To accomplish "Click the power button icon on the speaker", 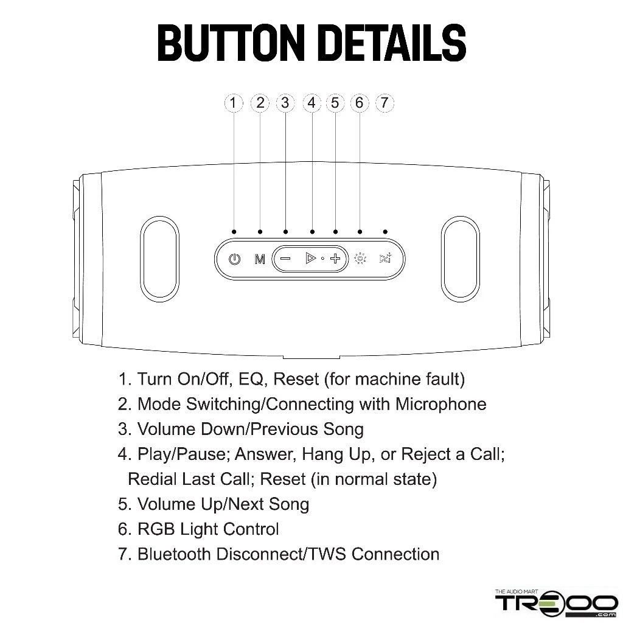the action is [234, 259].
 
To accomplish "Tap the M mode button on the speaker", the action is [259, 259].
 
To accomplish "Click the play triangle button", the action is [310, 258].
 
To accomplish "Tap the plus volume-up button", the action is [335, 259].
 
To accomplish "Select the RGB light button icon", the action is [360, 259].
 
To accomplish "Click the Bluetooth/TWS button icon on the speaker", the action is [385, 259].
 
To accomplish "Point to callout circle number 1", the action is [234, 103].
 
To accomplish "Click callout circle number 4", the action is [312, 103].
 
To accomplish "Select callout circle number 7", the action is [385, 103].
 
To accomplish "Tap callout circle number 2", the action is [260, 103].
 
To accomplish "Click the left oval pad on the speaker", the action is [160, 259].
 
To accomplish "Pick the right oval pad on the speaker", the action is [460, 259].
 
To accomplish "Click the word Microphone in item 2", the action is [440, 405].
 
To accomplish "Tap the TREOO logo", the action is [556, 602].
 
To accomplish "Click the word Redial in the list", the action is [152, 479].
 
